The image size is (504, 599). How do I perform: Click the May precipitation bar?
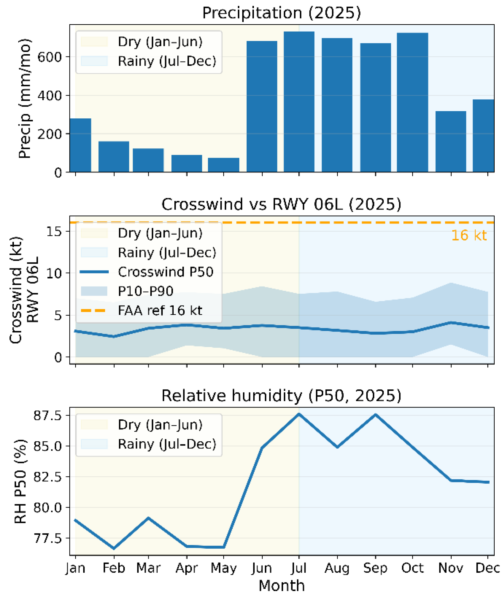(x=223, y=165)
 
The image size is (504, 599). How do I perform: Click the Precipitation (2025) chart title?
(x=281, y=13)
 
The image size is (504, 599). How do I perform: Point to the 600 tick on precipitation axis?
(x=50, y=57)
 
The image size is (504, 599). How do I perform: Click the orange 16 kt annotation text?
(x=469, y=235)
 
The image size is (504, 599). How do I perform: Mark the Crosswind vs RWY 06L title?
(x=281, y=204)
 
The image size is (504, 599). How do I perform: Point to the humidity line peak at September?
(x=375, y=414)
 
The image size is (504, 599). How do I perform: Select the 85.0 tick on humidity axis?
(x=47, y=446)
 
